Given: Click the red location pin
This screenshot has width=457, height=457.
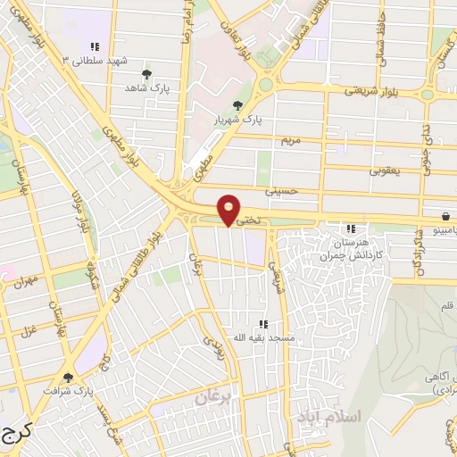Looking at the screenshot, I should click(229, 209).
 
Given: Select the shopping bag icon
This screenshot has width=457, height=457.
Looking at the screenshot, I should click(445, 217).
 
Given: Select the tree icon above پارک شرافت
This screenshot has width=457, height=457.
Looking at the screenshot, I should click(69, 378).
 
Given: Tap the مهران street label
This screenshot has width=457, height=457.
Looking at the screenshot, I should click(23, 282).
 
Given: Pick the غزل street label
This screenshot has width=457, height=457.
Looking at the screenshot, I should click(29, 331).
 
